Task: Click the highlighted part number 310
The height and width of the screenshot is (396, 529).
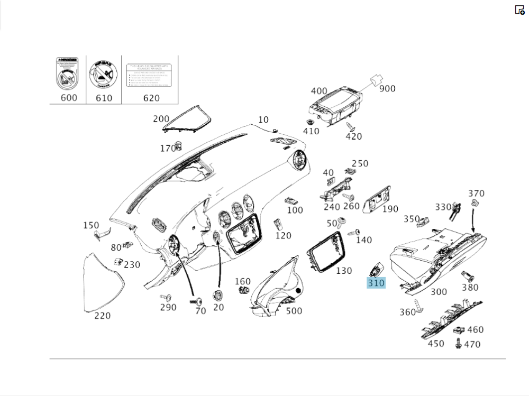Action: tap(376, 283)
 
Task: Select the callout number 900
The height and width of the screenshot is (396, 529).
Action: tap(387, 88)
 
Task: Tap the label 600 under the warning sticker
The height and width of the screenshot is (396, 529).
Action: tap(69, 97)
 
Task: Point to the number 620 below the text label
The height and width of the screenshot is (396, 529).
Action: tap(151, 98)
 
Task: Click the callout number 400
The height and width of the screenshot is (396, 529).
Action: tap(319, 91)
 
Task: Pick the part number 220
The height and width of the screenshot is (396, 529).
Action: tap(103, 316)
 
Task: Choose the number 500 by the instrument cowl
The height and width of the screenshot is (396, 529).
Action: tap(294, 311)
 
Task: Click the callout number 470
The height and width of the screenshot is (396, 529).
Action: tap(472, 344)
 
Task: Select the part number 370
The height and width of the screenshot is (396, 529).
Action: tap(476, 194)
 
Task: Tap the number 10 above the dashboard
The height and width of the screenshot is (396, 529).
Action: tap(263, 120)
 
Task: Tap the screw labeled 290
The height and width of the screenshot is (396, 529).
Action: tap(165, 297)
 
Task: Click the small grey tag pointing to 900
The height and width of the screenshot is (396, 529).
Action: tap(375, 79)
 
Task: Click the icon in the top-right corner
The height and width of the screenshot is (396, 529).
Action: tap(519, 10)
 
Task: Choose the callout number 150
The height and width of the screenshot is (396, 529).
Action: tap(91, 226)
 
